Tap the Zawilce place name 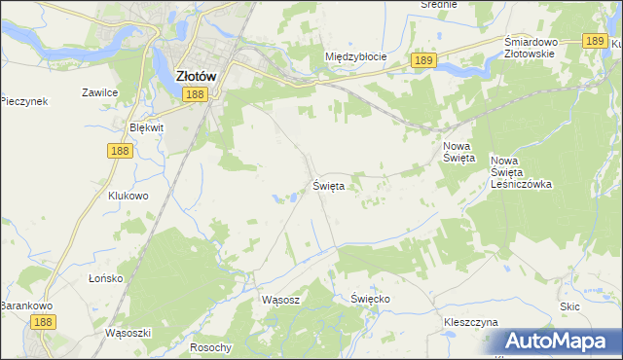tap(100, 93)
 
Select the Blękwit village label tap(146, 127)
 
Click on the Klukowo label tap(128, 195)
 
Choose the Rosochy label tap(211, 347)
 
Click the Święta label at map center tap(329, 184)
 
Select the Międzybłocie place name tap(355, 56)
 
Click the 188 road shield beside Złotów tap(195, 93)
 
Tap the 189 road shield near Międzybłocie tap(421, 60)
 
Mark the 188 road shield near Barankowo tap(41, 321)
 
